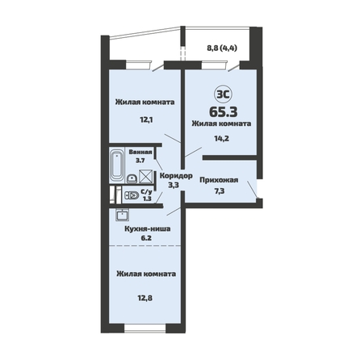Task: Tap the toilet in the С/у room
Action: (132, 195)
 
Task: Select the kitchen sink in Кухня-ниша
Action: (122, 215)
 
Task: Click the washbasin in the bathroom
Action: (132, 178)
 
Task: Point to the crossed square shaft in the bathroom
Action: (145, 177)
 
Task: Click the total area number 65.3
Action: (224, 112)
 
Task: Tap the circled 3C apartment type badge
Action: (223, 94)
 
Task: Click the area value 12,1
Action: (146, 119)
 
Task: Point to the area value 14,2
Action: (222, 139)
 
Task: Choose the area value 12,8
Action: (145, 298)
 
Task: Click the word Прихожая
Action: (219, 180)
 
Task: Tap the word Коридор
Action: (176, 176)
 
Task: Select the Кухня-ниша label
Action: (148, 229)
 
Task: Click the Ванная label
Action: (140, 152)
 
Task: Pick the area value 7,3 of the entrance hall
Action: (220, 191)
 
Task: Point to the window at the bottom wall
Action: (145, 329)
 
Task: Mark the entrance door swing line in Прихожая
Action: (253, 190)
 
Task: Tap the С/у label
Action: (147, 192)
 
